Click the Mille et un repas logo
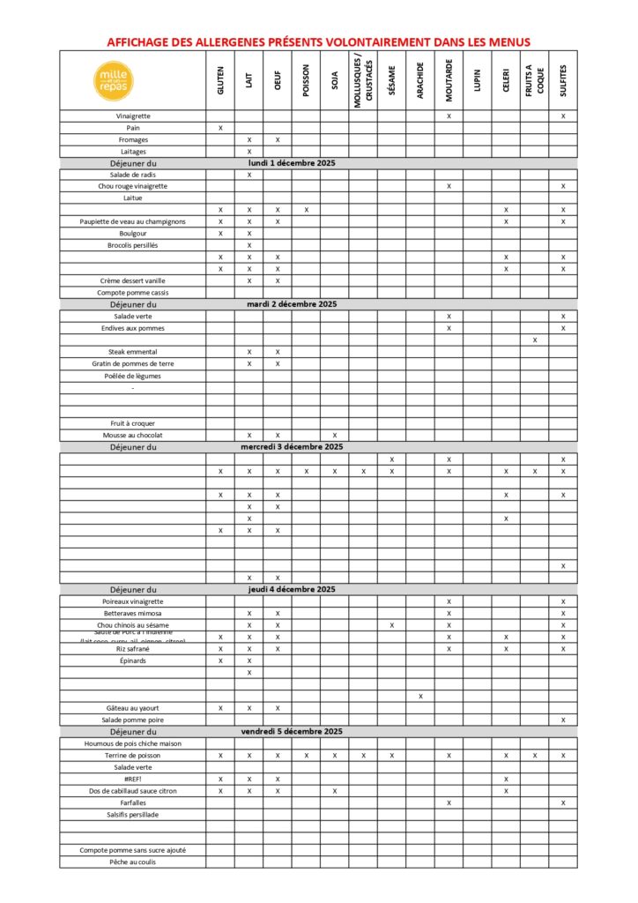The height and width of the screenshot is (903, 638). coord(114,80)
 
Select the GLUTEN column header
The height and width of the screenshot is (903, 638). coord(220,80)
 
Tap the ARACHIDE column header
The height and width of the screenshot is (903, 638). coord(420,80)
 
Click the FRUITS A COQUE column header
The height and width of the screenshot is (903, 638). coord(534,80)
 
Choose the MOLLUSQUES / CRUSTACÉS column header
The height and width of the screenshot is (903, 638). coord(363,80)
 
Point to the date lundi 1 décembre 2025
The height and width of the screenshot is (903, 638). coord(292,163)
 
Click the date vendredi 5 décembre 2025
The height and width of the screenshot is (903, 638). coord(292,732)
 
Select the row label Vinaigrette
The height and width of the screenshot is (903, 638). coord(132,116)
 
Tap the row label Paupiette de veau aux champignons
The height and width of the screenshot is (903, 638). coord(132,221)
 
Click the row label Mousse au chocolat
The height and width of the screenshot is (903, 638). coord(132,435)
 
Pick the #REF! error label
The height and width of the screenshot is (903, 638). coord(132,779)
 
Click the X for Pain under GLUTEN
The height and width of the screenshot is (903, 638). coord(220,128)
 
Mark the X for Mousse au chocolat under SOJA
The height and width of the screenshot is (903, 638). coord(335,435)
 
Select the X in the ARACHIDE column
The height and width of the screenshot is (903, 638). coord(420,696)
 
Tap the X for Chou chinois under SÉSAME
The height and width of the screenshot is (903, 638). coord(391,625)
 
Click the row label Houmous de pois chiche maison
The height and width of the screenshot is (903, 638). coord(132,743)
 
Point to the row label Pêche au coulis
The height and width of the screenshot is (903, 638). coord(132,862)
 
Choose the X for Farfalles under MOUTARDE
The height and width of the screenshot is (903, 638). coord(449,802)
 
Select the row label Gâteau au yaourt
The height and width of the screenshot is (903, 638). coord(132,707)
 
